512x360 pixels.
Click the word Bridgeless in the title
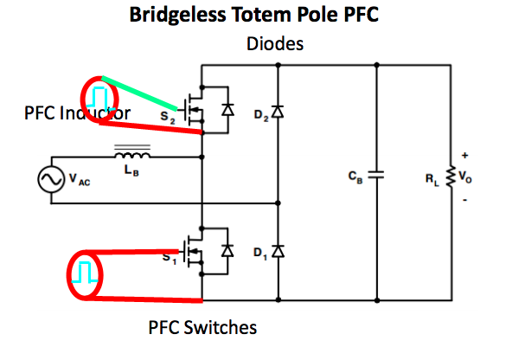(177, 16)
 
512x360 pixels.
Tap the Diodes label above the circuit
(275, 43)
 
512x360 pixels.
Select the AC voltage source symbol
(51, 179)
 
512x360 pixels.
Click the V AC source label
(80, 179)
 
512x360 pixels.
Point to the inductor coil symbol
(132, 155)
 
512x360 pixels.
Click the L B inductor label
(131, 170)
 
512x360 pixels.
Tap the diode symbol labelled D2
(278, 112)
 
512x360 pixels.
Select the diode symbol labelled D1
(278, 252)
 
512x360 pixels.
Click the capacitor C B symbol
(376, 175)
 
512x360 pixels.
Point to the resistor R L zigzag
(451, 177)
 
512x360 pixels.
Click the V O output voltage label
(465, 177)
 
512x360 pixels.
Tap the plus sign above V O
(465, 155)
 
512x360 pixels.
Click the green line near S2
(139, 93)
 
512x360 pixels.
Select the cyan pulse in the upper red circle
(99, 98)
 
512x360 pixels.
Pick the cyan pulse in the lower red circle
(85, 272)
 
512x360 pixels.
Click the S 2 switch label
(168, 118)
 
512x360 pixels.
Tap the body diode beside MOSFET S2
(227, 110)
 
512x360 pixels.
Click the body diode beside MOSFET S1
(227, 251)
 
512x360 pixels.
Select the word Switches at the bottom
(221, 327)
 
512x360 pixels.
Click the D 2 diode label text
(261, 115)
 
